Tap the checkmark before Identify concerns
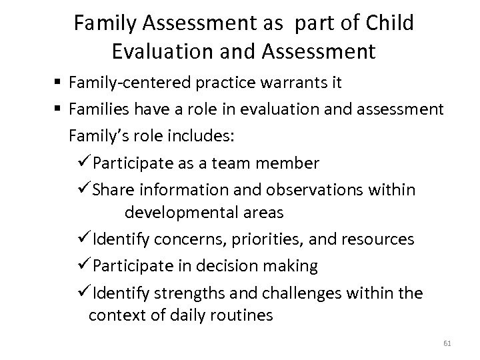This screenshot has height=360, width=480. click(x=85, y=238)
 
